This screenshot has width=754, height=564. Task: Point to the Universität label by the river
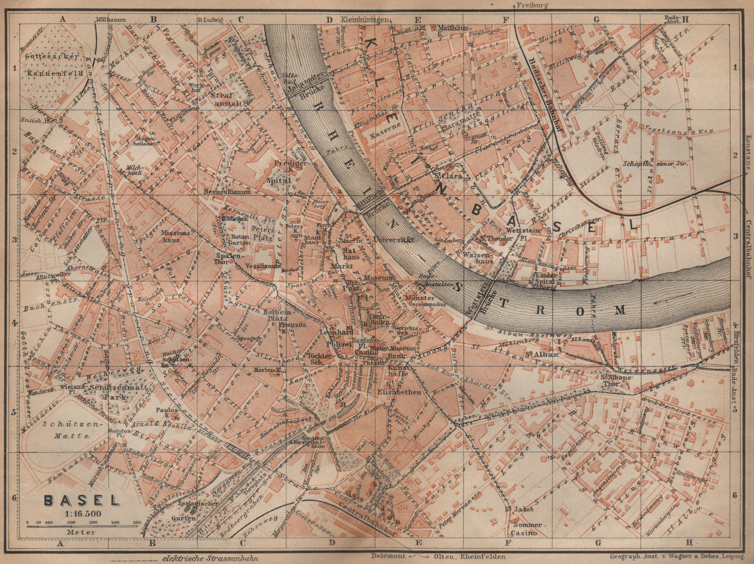coord(393,240)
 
